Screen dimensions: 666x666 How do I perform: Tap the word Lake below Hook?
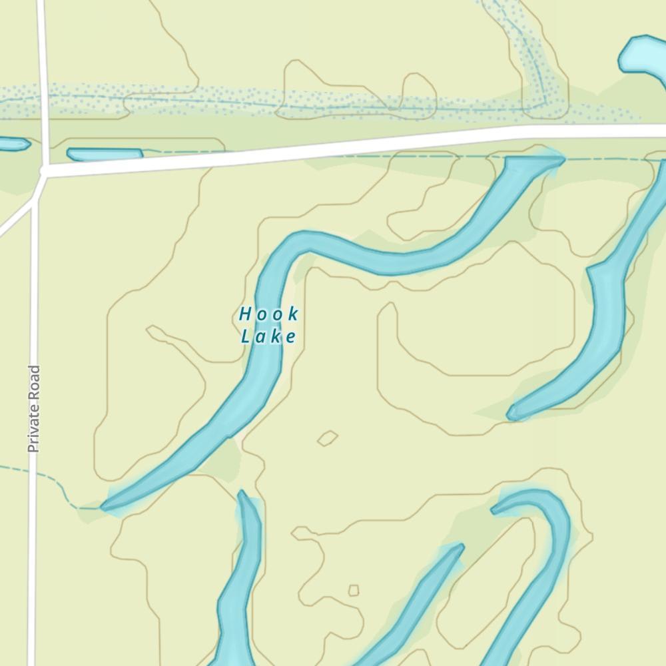268,337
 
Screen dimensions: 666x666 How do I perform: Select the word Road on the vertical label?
34,380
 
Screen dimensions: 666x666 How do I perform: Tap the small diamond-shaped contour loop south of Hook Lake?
327,438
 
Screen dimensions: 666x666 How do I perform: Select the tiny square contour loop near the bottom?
354,590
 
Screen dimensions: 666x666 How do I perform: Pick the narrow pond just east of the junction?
105,155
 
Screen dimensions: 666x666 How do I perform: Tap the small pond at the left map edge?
12,143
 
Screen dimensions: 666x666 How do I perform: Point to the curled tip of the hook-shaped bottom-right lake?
496,509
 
